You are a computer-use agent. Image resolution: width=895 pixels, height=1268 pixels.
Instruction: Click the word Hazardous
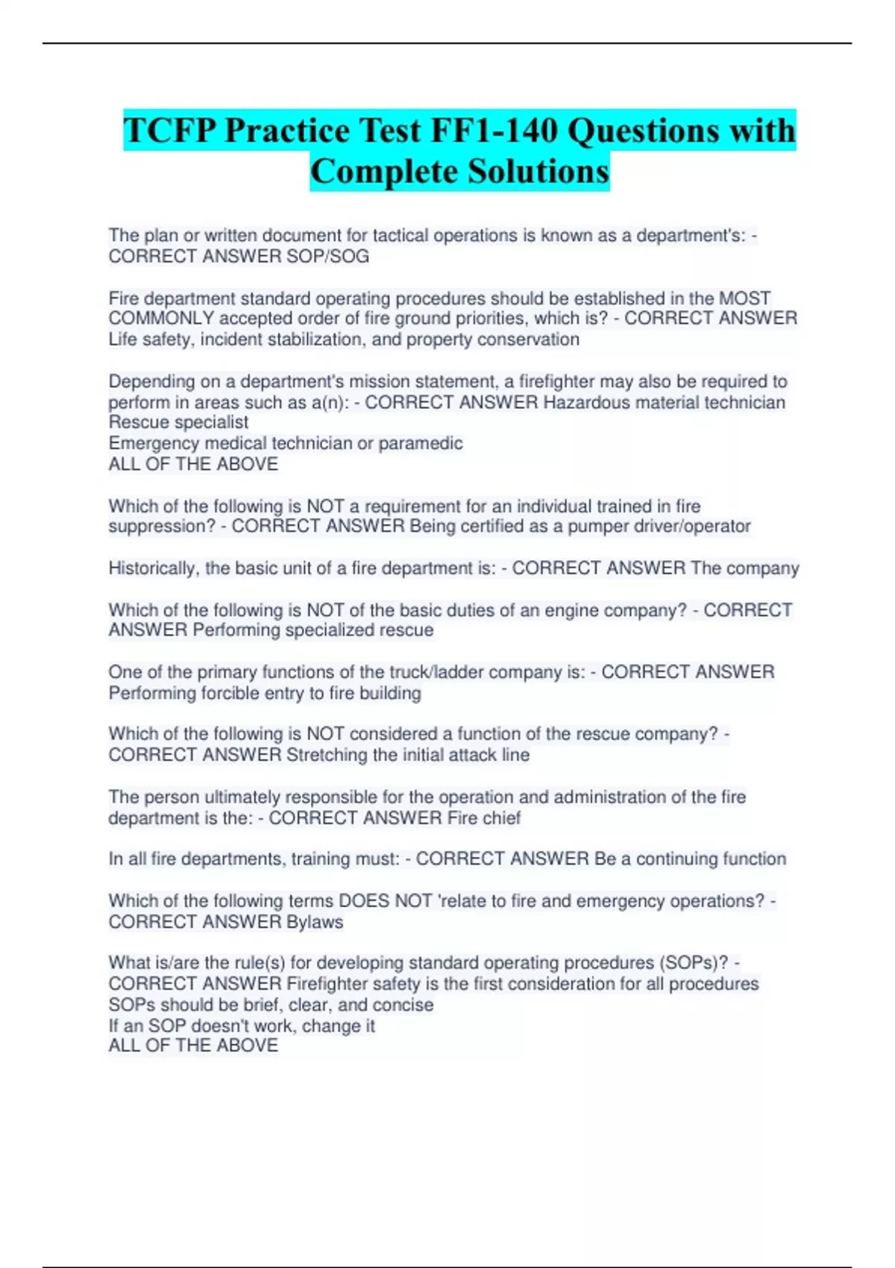point(582,403)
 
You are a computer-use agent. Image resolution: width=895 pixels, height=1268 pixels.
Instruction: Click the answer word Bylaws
point(315,922)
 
